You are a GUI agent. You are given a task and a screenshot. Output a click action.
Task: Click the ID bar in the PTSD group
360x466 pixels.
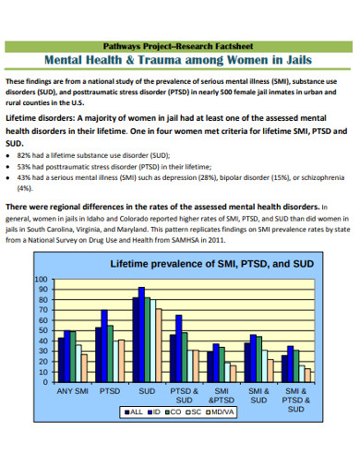click(x=104, y=346)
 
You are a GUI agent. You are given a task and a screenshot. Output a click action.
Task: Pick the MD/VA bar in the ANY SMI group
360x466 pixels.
click(x=84, y=368)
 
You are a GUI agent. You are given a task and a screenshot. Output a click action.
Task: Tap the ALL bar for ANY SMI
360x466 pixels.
click(x=61, y=361)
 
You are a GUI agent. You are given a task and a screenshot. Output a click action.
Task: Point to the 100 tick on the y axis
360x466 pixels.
click(x=40, y=280)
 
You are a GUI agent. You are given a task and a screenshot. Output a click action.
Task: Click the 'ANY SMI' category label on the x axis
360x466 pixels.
click(x=73, y=391)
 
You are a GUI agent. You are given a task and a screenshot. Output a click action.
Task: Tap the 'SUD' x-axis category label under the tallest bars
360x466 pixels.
click(x=147, y=391)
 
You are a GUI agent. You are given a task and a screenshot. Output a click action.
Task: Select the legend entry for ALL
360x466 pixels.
click(x=134, y=411)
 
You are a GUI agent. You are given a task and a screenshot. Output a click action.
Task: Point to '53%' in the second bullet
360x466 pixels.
click(x=25, y=168)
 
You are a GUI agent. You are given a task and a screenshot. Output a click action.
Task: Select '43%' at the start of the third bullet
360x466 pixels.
click(x=25, y=178)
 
